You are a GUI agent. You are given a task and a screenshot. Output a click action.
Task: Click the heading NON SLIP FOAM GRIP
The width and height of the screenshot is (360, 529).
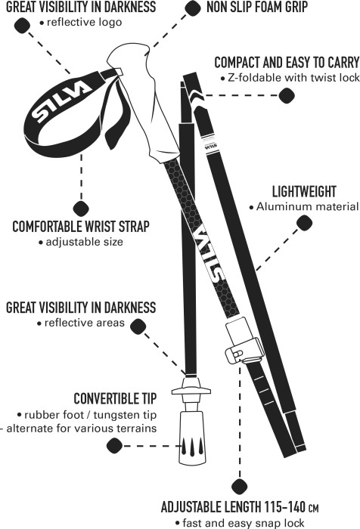pos(257,7)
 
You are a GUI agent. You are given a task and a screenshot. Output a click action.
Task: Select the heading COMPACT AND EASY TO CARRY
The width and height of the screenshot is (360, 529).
pos(287,63)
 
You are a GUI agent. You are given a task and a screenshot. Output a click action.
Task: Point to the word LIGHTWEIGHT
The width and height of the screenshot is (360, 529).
pos(304,192)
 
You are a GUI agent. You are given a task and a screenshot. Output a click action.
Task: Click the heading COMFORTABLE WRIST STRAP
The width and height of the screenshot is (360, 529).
pos(81,227)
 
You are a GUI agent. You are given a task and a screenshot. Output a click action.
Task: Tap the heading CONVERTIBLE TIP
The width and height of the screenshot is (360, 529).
pos(115,398)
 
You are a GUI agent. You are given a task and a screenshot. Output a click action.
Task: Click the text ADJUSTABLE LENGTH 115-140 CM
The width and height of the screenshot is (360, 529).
pos(240,507)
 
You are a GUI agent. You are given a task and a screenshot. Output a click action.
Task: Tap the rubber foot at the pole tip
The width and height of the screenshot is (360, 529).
pos(192,438)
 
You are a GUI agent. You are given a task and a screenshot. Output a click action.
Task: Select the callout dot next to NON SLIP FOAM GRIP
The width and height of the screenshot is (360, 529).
pos(193,8)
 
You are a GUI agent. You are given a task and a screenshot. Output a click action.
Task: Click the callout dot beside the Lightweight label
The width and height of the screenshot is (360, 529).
pos(304,223)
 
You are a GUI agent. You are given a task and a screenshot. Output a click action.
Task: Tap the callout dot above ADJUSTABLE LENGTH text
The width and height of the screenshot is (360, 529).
pos(240,487)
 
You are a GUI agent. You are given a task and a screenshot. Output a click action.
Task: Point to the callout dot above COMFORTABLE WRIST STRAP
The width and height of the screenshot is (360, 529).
pos(81,209)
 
